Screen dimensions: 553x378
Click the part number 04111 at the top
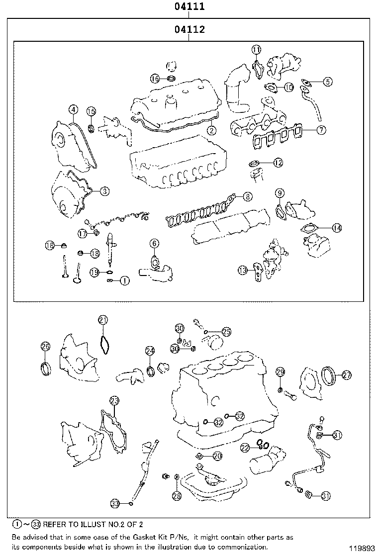189,7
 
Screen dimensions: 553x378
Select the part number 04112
189,30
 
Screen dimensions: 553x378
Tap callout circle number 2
211,131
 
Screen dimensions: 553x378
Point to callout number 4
73,109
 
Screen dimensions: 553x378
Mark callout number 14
337,228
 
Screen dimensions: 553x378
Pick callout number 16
155,79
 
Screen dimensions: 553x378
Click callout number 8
247,197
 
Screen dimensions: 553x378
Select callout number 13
242,271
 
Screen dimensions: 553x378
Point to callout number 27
346,375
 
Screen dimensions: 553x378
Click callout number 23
114,400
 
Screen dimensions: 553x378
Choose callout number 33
115,503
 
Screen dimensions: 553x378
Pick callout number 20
217,456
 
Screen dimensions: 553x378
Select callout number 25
226,331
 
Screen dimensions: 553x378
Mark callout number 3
104,190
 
